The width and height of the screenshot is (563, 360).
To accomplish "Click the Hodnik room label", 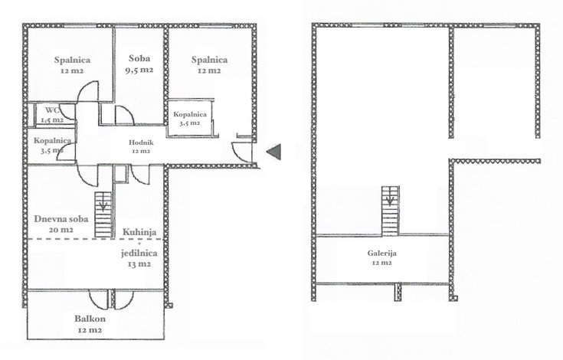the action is [141, 142].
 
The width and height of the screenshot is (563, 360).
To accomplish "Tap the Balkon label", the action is [90, 319].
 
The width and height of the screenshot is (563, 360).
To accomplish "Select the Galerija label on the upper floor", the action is [381, 254].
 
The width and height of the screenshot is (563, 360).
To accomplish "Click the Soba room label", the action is [139, 58].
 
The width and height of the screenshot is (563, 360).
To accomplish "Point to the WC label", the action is [52, 110].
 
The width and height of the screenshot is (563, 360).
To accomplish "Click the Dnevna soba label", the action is [61, 219].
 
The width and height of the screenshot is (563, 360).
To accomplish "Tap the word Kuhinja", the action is [139, 232].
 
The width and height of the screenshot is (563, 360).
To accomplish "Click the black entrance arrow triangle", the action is [273, 152].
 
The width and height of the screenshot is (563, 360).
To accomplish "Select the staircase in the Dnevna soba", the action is [103, 214].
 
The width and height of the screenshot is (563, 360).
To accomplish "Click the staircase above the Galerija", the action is [390, 211].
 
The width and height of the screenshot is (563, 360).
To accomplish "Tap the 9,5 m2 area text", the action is [139, 70].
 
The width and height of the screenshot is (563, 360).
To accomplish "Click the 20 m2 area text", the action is [61, 230].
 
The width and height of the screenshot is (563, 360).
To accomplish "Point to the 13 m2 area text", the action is [139, 264].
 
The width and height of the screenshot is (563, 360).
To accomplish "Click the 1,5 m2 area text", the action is [52, 120].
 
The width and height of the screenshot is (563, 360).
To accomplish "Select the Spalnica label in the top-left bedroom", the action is [72, 60].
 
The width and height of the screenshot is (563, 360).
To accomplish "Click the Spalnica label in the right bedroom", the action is [209, 60].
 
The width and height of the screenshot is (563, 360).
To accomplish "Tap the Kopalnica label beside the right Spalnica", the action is [190, 114].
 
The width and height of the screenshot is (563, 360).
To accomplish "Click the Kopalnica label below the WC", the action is [52, 141].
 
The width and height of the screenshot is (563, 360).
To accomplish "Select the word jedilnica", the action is [139, 254].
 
